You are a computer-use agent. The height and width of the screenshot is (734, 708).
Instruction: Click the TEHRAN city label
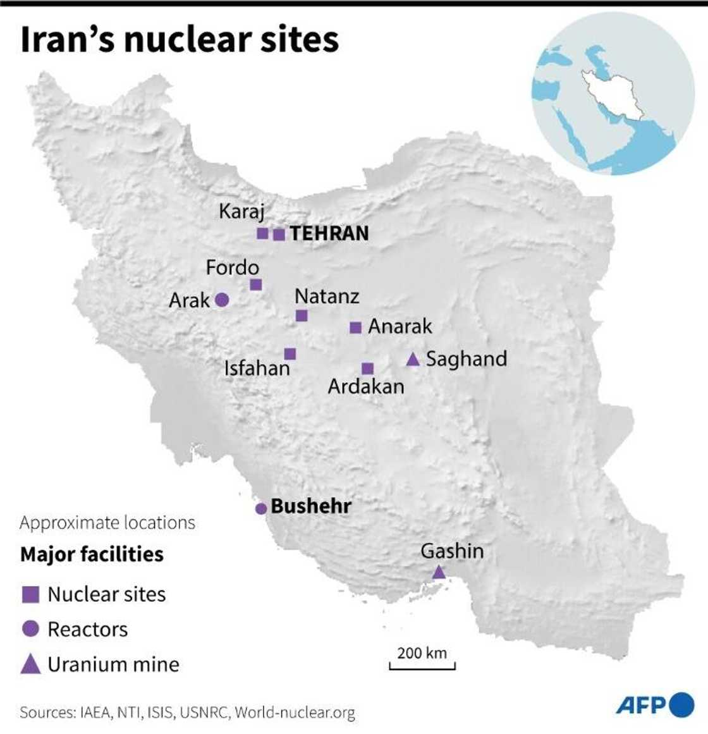[329, 233]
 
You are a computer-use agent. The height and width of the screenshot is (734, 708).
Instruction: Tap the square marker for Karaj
[262, 233]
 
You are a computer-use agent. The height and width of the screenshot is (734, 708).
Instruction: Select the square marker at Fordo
[255, 284]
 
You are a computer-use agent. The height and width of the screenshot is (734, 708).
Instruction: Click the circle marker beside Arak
[221, 300]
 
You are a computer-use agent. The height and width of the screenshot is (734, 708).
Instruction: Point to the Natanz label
[327, 296]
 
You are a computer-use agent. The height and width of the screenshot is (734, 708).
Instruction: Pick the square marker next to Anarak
[355, 327]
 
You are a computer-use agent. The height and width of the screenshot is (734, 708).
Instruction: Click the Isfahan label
[257, 368]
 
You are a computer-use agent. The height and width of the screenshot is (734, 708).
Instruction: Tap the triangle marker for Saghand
[413, 360]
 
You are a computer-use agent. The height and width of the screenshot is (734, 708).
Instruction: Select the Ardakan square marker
[367, 369]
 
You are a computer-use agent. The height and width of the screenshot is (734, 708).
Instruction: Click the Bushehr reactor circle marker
[260, 508]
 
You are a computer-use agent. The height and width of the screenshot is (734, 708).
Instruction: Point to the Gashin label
[452, 551]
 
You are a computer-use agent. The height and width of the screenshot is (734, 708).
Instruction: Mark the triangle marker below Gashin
[438, 573]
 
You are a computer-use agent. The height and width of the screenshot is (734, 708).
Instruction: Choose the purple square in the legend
[31, 594]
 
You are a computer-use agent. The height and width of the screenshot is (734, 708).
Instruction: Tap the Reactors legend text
[88, 629]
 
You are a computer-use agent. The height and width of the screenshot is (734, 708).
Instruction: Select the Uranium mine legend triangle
[31, 664]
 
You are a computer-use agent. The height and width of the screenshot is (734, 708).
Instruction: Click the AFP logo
[654, 705]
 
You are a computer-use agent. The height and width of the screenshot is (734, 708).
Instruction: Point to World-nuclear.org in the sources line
[295, 713]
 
